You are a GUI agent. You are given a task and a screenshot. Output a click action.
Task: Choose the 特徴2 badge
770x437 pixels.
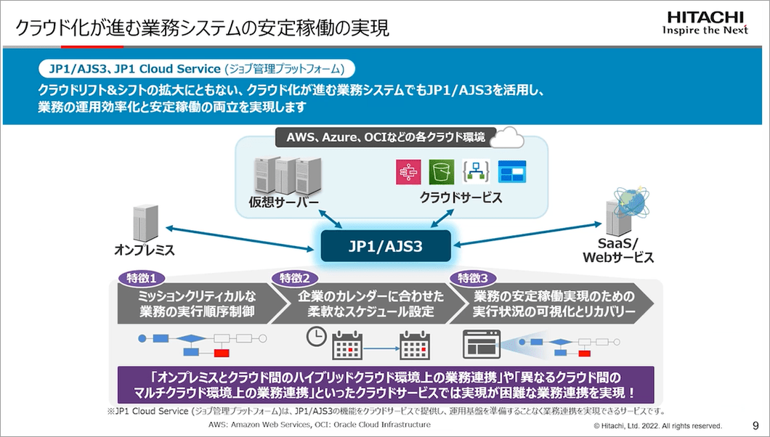click(x=295, y=278)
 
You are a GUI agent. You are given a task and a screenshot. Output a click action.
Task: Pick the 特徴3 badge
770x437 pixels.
click(x=474, y=278)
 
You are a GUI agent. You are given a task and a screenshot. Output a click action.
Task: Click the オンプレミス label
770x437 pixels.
click(x=145, y=250)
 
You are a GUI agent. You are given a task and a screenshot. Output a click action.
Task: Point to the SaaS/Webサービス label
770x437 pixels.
click(x=618, y=250)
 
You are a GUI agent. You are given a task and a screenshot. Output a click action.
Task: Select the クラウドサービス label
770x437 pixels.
click(x=461, y=197)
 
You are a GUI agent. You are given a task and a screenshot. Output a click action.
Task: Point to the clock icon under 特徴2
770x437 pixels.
click(x=316, y=337)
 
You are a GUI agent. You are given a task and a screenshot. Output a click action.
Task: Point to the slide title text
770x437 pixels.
click(x=203, y=28)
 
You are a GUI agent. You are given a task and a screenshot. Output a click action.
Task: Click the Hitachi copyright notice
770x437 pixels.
click(x=657, y=426)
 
